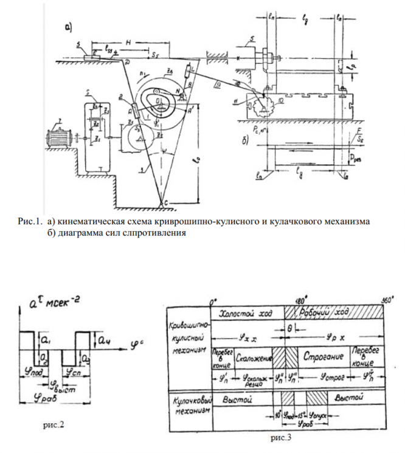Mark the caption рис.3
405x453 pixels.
pyautogui.click(x=279, y=437)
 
